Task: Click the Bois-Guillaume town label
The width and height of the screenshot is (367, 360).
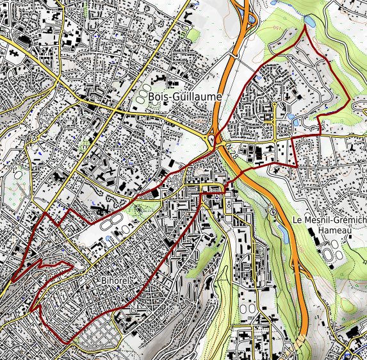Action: [x=184, y=96]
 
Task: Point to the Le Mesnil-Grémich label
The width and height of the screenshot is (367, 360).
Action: [x=329, y=220]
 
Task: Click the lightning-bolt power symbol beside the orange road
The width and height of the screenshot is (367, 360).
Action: [x=273, y=212]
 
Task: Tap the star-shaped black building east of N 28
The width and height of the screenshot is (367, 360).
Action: [x=277, y=170]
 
